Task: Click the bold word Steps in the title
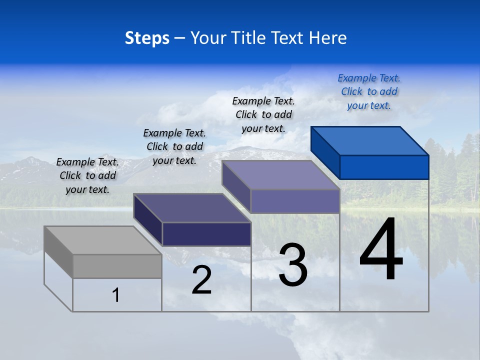click(147, 38)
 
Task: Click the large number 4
click(381, 250)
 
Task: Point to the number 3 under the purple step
click(293, 265)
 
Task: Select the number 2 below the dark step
click(202, 280)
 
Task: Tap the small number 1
click(116, 295)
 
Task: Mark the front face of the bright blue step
click(384, 167)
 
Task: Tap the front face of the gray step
click(117, 266)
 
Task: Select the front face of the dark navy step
click(206, 234)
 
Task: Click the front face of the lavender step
click(295, 201)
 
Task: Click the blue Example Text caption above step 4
click(369, 91)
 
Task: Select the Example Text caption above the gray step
click(87, 175)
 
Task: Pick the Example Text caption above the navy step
click(174, 146)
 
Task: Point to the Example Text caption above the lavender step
click(263, 114)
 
